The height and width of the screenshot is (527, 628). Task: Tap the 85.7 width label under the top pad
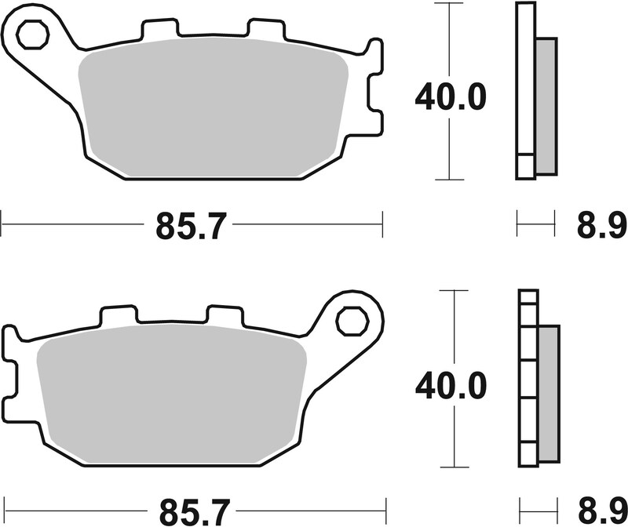(x=191, y=227)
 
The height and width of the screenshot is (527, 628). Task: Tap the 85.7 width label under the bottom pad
(x=191, y=511)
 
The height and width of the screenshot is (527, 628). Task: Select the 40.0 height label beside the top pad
(x=451, y=100)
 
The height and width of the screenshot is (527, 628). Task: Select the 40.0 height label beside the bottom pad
(x=451, y=384)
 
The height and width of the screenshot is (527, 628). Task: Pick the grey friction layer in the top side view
(x=545, y=105)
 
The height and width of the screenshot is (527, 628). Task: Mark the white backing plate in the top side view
(x=524, y=90)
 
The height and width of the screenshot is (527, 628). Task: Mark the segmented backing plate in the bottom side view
(x=528, y=376)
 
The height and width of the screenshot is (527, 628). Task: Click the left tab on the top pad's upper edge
(x=159, y=30)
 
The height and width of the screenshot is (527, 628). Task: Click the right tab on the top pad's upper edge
(x=265, y=30)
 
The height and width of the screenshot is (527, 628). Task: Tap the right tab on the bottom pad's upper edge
(x=225, y=314)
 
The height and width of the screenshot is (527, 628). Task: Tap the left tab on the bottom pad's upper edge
(x=119, y=314)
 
